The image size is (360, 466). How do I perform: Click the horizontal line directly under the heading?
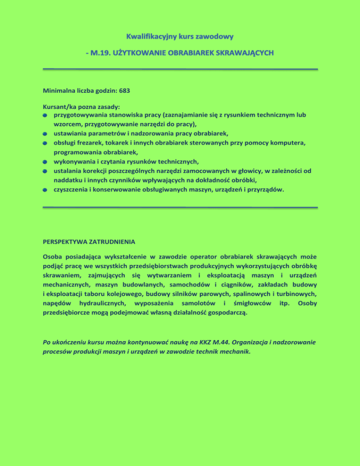coord(180,69)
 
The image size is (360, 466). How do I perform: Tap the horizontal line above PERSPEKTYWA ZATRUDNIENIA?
coord(180,207)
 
